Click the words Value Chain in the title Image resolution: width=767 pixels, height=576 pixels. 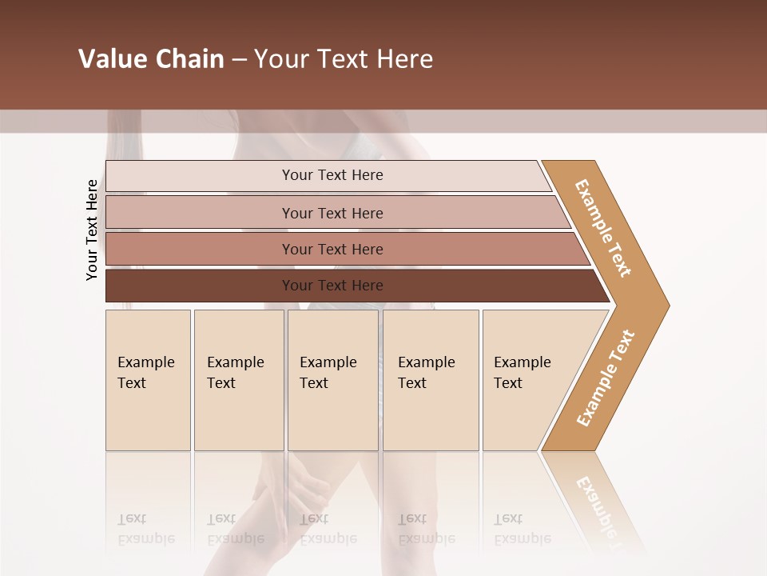point(151,59)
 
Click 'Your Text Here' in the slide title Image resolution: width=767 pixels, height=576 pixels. point(344,59)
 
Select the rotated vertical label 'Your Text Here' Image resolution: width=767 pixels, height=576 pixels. point(92,230)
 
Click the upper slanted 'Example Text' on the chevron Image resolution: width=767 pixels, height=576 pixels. point(603,228)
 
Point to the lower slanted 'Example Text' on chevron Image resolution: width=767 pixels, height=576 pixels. point(606,378)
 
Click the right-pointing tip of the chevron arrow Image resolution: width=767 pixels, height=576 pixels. point(665,306)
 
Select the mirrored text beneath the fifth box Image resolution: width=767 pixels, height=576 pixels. point(522,530)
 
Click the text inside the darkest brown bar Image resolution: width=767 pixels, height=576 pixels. point(332,286)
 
